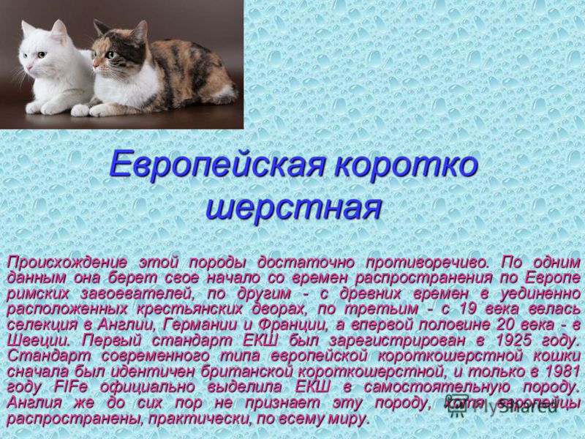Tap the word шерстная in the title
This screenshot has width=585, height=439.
tap(294, 207)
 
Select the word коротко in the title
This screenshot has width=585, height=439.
tap(406, 164)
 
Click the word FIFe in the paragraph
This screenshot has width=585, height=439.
tap(70, 387)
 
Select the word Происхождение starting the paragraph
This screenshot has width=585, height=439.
tap(67, 263)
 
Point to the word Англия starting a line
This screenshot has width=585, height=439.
tap(34, 403)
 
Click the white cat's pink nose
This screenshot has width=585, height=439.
tap(29, 67)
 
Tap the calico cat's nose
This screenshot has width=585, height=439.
tap(95, 67)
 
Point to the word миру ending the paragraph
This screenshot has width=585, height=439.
tap(349, 419)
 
